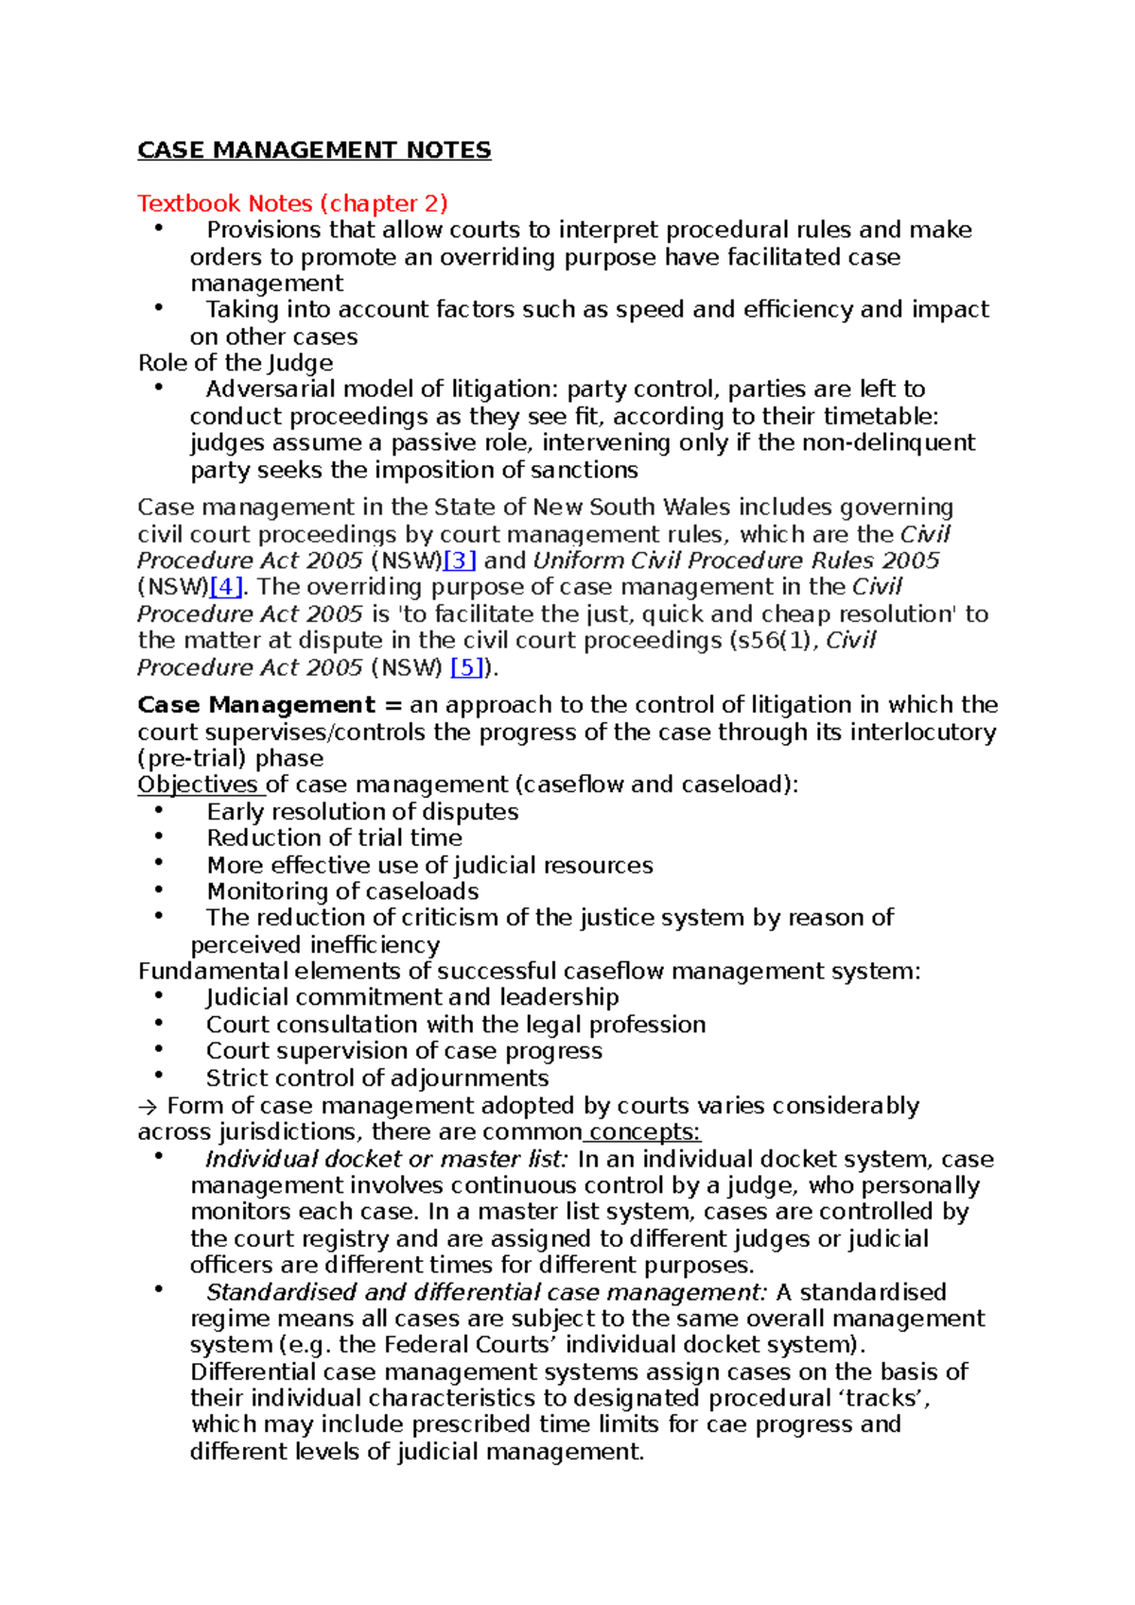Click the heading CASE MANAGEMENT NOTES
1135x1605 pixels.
tap(314, 150)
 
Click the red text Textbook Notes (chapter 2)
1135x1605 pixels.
tap(292, 203)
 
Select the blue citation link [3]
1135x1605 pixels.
tap(460, 561)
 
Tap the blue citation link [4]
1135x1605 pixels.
tap(226, 587)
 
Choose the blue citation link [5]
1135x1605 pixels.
tap(467, 667)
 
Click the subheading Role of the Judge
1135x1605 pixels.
tap(236, 363)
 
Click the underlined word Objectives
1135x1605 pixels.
tap(198, 785)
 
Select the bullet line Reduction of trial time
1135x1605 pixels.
tap(334, 838)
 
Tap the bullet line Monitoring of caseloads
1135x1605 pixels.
tap(342, 891)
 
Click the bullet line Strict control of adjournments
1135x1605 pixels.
tap(376, 1079)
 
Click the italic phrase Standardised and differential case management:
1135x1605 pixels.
tap(486, 1292)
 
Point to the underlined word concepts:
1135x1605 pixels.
tap(644, 1132)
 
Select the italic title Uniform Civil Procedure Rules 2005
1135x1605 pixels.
tap(736, 561)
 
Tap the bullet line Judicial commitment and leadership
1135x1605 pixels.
tap(412, 997)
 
